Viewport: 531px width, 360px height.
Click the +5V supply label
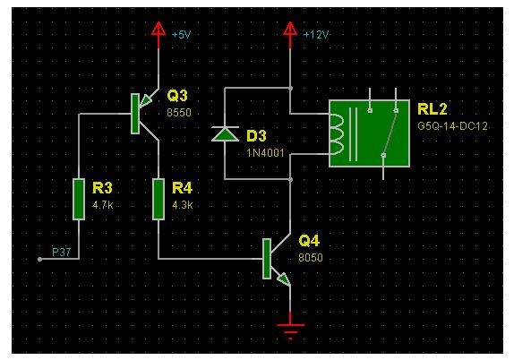coord(182,35)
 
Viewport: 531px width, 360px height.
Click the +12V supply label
coord(316,35)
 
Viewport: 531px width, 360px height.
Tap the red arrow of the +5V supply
coord(158,29)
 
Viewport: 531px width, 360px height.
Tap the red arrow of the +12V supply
coord(290,29)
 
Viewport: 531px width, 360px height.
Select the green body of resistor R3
coord(79,199)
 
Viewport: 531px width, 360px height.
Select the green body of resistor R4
coord(158,199)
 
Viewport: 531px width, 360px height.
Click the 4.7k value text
coord(103,205)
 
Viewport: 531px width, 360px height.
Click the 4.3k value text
coord(182,205)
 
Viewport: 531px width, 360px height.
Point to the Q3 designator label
coord(177,96)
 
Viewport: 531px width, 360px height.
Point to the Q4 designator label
coord(309,241)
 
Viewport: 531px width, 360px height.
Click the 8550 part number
coord(179,113)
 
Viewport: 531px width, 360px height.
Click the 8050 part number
coord(311,257)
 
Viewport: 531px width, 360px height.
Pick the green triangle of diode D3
coord(225,134)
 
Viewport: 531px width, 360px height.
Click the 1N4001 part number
coord(265,153)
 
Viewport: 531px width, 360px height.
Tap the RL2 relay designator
coord(433,109)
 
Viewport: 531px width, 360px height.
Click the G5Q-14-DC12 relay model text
coord(452,126)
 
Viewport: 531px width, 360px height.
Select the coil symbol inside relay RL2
coord(337,134)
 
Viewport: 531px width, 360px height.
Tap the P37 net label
coord(61,252)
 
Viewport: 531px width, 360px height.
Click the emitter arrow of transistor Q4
coord(284,279)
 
